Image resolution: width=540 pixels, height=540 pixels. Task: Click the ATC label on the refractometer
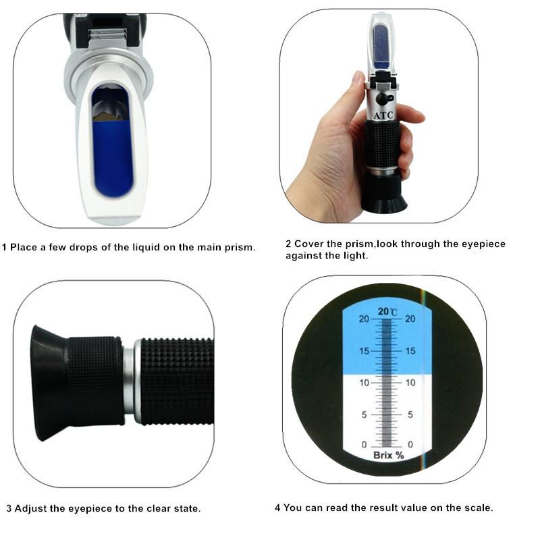click(x=383, y=115)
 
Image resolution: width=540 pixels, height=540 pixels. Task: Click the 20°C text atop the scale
click(x=387, y=311)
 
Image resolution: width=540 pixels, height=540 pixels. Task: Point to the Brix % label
click(x=388, y=455)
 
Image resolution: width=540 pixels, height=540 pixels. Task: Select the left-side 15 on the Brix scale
click(x=364, y=351)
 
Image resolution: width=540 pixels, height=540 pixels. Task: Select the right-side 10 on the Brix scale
click(x=410, y=383)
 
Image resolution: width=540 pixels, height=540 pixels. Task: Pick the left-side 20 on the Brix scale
click(x=364, y=319)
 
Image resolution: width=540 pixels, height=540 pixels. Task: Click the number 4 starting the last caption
click(x=277, y=508)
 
